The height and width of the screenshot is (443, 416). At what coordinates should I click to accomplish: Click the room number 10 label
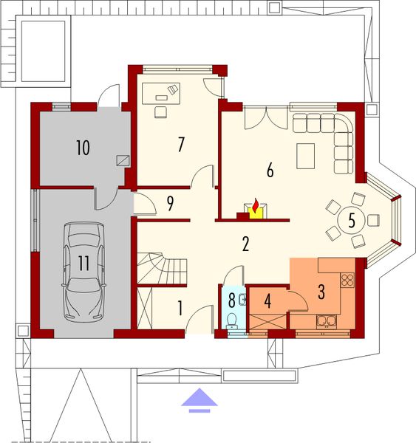(82, 148)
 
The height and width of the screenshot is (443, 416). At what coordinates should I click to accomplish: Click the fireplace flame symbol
(255, 208)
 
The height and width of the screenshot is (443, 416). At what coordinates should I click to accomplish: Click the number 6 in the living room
(270, 170)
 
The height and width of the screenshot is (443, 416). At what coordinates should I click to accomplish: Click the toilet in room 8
(232, 320)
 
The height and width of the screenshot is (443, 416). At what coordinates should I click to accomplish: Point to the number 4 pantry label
(268, 301)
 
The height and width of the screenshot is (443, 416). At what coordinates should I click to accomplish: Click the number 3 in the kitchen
(321, 292)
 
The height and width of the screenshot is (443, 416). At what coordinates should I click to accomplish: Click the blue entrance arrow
(199, 399)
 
